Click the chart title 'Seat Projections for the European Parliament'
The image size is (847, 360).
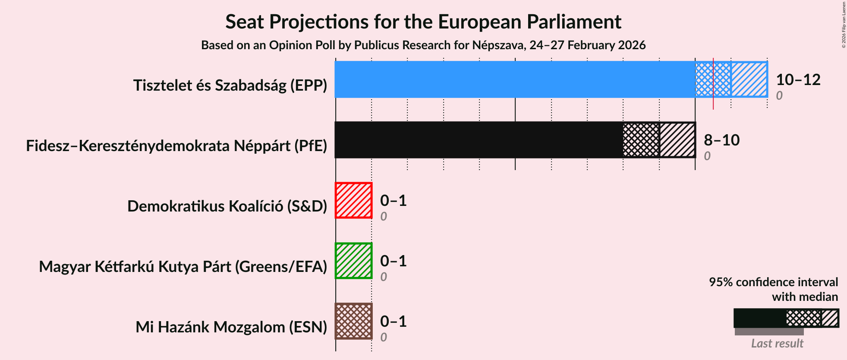click(423, 22)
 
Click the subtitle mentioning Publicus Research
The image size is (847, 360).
click(423, 45)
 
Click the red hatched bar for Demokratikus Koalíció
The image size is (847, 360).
click(353, 200)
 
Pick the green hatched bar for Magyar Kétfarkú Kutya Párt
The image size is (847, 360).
click(353, 261)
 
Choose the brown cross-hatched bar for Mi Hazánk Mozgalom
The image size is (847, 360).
click(353, 321)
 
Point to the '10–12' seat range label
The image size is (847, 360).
click(798, 80)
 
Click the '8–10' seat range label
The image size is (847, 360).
click(721, 140)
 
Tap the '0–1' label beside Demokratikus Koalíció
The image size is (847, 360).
click(393, 201)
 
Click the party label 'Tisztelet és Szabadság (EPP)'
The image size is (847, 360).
click(230, 85)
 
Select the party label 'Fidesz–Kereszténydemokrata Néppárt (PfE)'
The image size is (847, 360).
click(176, 146)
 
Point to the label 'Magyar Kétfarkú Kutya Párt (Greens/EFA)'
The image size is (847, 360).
click(183, 267)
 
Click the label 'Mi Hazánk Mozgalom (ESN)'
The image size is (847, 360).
click(231, 327)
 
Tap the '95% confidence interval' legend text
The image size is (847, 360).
click(773, 282)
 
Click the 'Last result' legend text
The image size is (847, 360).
click(777, 344)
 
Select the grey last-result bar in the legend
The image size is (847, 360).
click(769, 332)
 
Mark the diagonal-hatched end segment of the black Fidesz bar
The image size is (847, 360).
click(677, 140)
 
